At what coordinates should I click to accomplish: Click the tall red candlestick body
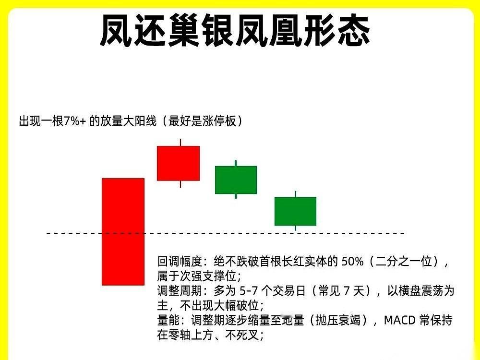123,231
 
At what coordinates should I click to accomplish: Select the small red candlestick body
178,163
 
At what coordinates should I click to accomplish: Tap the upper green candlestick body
236,180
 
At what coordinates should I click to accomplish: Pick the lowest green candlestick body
295,211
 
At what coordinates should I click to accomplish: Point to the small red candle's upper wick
180,142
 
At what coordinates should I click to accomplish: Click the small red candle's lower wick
180,184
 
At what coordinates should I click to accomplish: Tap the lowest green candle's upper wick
296,194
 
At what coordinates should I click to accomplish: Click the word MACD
401,320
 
